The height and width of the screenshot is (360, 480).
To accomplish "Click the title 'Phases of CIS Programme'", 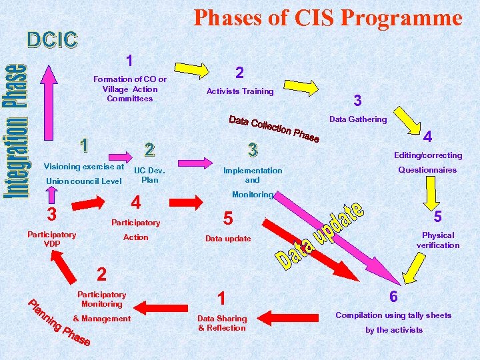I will [x=327, y=18].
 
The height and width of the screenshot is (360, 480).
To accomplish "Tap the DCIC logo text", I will [x=53, y=41].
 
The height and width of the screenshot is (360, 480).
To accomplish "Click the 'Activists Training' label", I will [x=240, y=91].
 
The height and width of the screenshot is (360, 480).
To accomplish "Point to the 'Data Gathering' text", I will [x=357, y=119].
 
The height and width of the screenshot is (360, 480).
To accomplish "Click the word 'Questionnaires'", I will [x=427, y=170].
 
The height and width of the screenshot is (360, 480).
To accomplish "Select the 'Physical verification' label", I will [x=438, y=240].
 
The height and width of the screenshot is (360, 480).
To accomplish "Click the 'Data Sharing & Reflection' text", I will [x=222, y=323].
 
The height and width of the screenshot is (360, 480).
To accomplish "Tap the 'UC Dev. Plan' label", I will [x=150, y=175].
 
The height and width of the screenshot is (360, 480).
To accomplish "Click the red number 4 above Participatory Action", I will [x=135, y=202].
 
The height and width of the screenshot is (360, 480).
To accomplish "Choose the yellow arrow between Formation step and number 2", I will [x=193, y=69].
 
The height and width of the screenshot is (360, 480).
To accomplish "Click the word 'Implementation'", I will [x=253, y=171].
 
